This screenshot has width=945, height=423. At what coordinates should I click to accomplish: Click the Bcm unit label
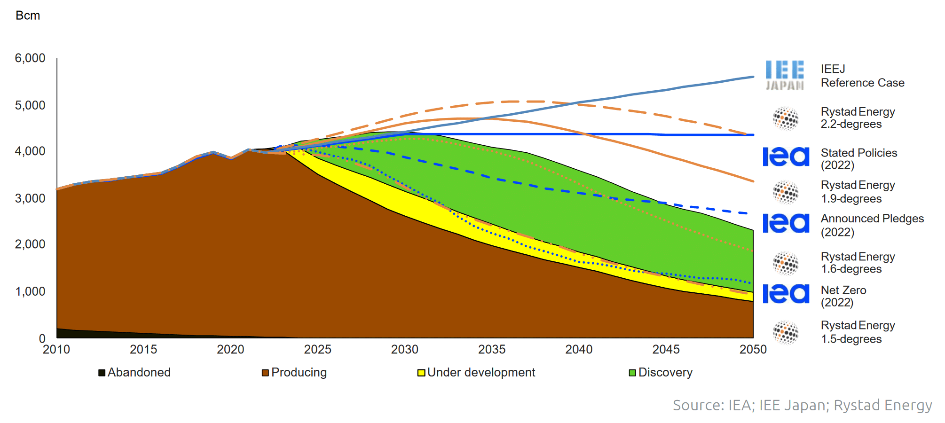click(28, 16)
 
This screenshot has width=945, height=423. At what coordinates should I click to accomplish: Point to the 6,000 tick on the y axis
click(30, 58)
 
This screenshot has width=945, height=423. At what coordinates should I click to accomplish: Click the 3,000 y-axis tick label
click(30, 198)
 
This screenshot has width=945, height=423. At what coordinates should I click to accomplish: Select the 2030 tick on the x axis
click(404, 350)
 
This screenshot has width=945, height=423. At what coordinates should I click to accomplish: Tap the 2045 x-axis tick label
click(666, 350)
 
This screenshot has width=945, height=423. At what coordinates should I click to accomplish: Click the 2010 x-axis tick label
click(56, 350)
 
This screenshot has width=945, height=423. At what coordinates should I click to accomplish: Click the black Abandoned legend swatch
click(102, 373)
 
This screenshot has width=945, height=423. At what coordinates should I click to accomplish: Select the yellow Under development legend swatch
click(421, 373)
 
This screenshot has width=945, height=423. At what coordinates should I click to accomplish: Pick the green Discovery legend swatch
click(632, 373)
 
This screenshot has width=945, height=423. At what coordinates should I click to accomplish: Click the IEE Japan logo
click(785, 75)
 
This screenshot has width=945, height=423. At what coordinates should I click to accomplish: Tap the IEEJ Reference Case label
click(862, 76)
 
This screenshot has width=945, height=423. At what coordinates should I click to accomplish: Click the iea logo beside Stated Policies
click(786, 157)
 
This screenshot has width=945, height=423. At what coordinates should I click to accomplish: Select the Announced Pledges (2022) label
click(872, 225)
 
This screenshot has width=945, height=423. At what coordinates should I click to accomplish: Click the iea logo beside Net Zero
click(786, 294)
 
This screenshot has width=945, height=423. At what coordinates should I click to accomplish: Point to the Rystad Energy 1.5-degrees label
click(858, 332)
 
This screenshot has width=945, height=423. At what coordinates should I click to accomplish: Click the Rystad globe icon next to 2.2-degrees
click(786, 118)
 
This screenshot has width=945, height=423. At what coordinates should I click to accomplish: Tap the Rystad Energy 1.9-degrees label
click(858, 192)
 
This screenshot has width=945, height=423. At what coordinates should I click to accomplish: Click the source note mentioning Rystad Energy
click(802, 405)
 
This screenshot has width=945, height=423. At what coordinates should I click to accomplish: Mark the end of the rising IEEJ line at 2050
click(753, 77)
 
